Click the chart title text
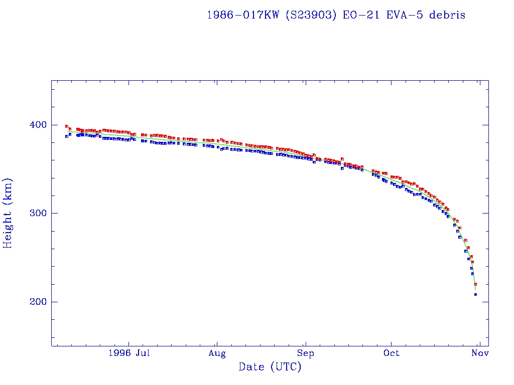336,15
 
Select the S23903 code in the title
311,15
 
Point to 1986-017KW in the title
243,15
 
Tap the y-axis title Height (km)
8,213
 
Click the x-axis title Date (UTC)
270,367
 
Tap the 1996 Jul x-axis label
128,353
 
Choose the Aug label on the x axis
217,353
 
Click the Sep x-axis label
305,353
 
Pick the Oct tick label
392,353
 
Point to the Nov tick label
480,353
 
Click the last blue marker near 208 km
475,294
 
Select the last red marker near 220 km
475,284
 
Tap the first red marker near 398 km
66,126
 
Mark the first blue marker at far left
66,136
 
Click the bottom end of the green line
475,289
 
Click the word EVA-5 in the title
403,15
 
